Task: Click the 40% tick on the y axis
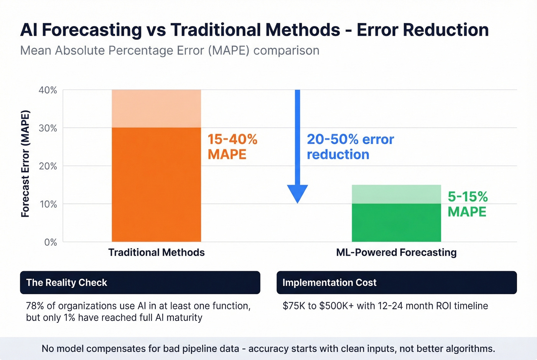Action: click(x=48, y=90)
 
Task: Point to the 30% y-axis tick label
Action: click(x=48, y=128)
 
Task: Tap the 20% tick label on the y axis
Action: click(x=48, y=166)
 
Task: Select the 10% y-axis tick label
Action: click(x=48, y=204)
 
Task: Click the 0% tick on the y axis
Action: click(x=50, y=242)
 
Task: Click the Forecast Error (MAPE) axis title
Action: click(x=25, y=164)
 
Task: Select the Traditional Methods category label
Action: click(x=156, y=252)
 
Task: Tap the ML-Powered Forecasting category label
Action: click(x=396, y=252)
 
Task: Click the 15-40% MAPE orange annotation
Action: click(x=232, y=147)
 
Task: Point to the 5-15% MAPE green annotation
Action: click(x=468, y=204)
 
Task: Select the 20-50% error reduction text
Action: click(x=350, y=147)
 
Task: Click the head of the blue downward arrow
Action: click(x=297, y=193)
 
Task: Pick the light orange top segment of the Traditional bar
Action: click(x=156, y=108)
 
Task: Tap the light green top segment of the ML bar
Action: click(x=396, y=194)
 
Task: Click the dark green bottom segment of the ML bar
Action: click(x=396, y=222)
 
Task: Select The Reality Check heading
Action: click(x=66, y=283)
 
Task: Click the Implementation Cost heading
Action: click(x=329, y=283)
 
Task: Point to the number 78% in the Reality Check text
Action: click(x=35, y=306)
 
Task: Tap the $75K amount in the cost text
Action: click(x=294, y=306)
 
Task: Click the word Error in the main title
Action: click(x=378, y=30)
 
